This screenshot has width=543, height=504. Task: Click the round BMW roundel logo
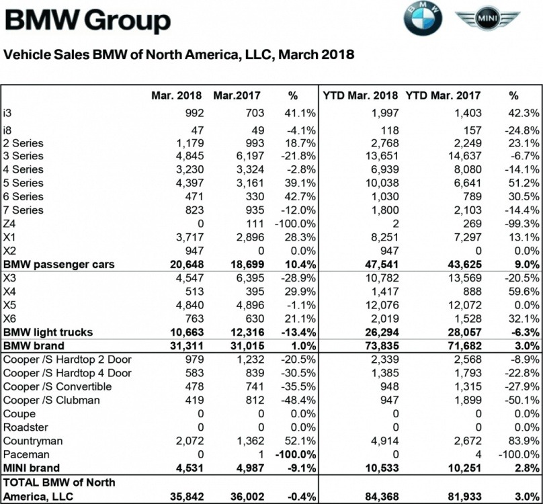pos(423,18)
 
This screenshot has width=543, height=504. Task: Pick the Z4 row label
pos(10,224)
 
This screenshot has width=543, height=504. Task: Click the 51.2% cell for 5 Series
pos(522,183)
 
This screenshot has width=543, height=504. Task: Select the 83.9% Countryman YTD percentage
pos(522,441)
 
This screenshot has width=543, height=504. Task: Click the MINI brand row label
pos(32,468)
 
